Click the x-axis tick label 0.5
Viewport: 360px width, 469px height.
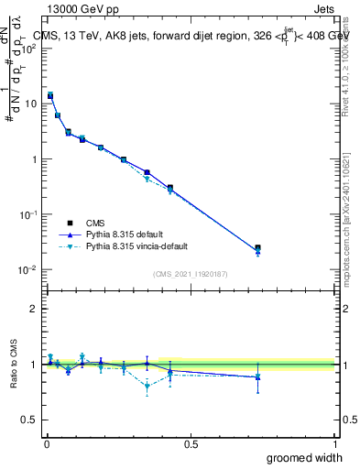191,443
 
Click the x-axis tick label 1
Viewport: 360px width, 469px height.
334,443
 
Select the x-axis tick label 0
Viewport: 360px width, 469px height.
47,443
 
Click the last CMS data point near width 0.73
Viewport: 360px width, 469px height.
257,247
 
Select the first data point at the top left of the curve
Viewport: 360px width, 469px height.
50,95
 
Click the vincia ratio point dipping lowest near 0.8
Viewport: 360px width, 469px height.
147,386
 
